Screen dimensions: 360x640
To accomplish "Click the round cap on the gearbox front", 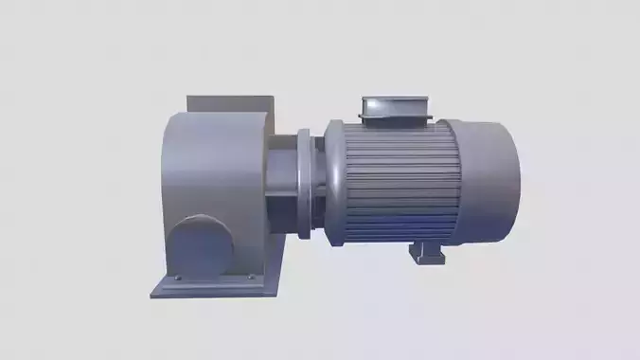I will pos(201,244).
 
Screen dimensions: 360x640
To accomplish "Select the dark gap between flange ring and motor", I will pos(321,185).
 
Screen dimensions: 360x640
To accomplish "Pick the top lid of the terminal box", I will pos(394,99).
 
